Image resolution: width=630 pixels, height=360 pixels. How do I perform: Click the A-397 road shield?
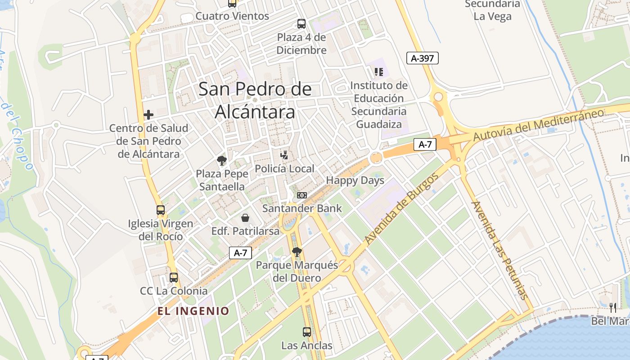pos(422,58)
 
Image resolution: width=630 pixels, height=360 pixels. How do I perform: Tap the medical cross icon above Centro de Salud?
pos(148,115)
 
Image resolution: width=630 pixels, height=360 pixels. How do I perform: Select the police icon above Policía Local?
pos(284,156)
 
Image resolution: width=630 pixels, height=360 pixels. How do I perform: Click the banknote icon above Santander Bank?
pos(302,195)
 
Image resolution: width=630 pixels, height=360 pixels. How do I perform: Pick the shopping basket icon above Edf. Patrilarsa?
pos(245,218)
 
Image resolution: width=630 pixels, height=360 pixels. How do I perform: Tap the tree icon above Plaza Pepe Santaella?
pos(221,161)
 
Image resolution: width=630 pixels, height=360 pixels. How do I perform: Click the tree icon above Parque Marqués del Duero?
pos(297,252)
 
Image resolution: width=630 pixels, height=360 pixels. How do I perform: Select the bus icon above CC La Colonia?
pos(174,278)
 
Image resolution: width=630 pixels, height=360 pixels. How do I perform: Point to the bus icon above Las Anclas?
pos(307,333)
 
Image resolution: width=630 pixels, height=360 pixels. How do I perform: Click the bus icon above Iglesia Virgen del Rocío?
pos(161,210)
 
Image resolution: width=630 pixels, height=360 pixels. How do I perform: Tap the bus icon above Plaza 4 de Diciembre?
pos(301,24)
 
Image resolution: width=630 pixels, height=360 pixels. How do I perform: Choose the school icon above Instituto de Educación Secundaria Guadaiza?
pos(379,72)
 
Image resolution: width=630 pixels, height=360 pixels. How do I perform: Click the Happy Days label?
pos(355,180)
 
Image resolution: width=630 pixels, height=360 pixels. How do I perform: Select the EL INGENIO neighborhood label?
pos(193,311)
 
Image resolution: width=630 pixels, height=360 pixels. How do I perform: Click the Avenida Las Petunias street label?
pos(499,250)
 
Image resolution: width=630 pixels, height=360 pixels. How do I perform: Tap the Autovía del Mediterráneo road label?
pos(538,125)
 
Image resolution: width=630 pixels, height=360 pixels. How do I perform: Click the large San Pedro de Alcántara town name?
pos(255,100)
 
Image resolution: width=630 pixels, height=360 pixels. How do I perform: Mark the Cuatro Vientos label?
pos(232,16)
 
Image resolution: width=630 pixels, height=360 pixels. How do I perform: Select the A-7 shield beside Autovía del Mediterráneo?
pos(425,144)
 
